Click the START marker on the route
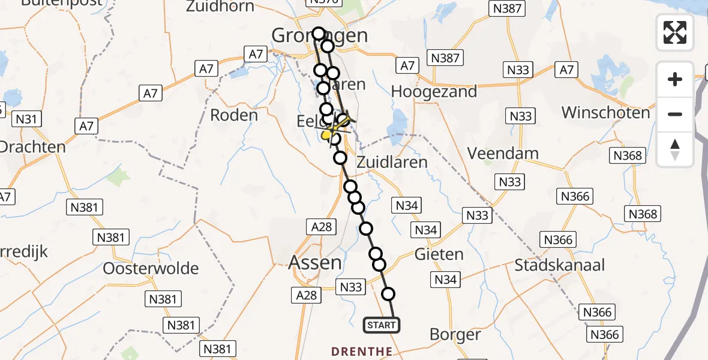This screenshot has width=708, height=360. [381, 325]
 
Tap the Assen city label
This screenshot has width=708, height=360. [315, 262]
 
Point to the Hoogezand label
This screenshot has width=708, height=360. [434, 91]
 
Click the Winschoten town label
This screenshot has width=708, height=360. [605, 112]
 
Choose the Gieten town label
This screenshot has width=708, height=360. [439, 254]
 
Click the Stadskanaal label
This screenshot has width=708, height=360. [559, 265]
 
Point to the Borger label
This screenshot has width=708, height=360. [456, 335]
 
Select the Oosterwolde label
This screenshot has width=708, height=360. [151, 268]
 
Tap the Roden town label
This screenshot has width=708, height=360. [234, 115]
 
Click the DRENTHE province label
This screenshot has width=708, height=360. [363, 351]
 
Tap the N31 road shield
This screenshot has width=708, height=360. [26, 119]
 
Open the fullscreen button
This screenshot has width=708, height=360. [675, 32]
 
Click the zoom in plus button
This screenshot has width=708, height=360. [675, 79]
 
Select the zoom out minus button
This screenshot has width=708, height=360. [675, 114]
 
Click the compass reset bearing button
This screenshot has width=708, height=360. [675, 149]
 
